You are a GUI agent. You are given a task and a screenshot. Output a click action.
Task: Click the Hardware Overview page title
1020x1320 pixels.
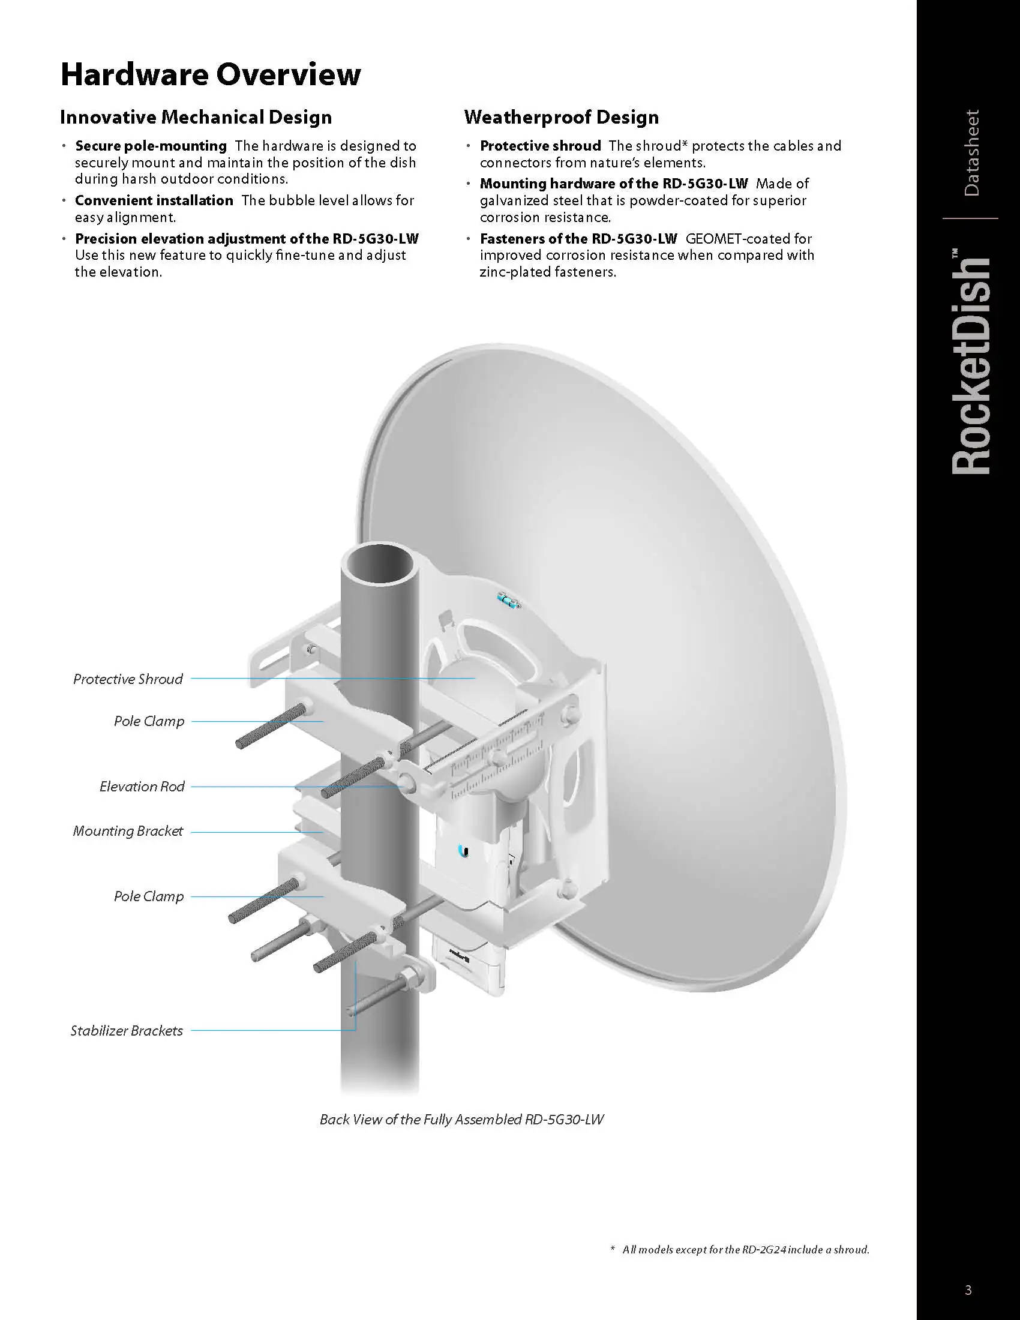210,75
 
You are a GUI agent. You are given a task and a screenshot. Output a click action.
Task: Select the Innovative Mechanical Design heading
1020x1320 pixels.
196,117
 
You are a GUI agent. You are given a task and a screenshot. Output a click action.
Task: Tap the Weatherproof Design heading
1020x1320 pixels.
562,117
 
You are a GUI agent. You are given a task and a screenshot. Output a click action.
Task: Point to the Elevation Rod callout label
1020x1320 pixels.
142,787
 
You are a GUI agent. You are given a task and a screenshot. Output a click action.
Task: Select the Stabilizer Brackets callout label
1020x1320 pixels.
126,1030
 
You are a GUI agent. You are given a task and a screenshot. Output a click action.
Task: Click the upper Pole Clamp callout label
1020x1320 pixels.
149,721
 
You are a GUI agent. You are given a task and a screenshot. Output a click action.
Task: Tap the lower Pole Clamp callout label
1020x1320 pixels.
149,896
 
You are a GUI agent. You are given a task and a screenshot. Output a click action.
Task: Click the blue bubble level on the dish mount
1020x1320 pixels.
508,601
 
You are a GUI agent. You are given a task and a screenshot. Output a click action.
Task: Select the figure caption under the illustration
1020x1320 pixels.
461,1120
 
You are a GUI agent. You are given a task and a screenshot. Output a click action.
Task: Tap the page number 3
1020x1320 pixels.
968,1291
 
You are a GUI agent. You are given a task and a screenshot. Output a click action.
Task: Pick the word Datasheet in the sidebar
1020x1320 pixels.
971,153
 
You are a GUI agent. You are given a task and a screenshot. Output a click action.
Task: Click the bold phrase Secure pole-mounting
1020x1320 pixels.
151,146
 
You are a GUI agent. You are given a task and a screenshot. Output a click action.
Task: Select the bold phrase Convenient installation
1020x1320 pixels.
154,200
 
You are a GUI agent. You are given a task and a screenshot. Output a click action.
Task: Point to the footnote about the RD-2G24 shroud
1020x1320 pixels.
740,1249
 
